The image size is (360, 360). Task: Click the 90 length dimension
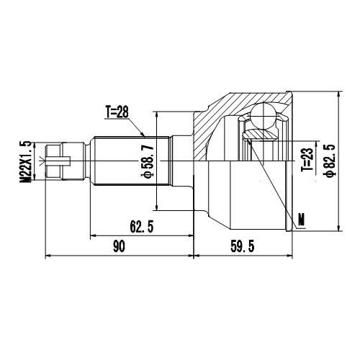click(x=119, y=247)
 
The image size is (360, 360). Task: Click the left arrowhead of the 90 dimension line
click(x=48, y=255)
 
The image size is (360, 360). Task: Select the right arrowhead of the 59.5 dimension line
click(x=292, y=255)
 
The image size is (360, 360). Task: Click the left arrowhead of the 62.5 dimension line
click(x=91, y=234)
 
